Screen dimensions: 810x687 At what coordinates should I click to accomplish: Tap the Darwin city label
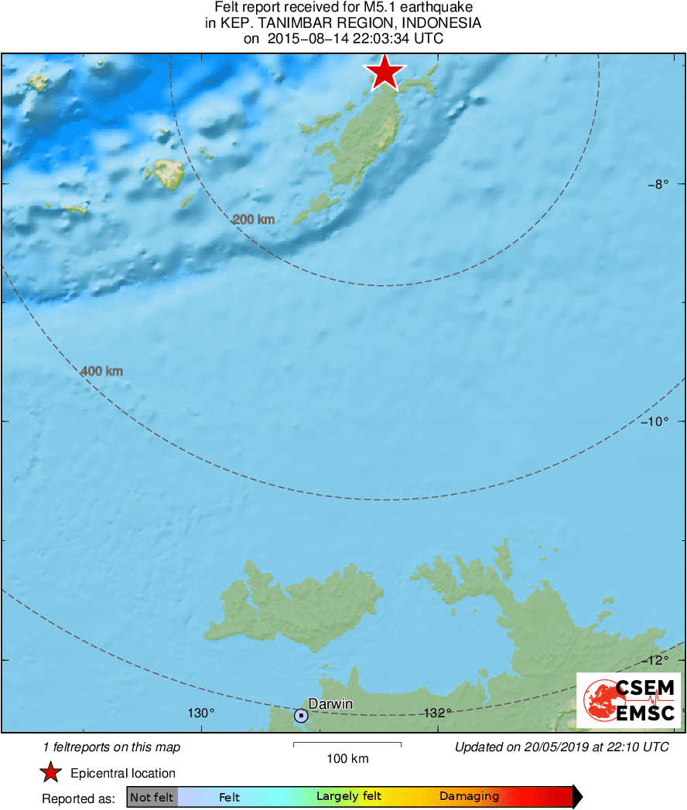point(330,703)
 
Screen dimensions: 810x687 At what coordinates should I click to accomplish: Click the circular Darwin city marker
point(301,716)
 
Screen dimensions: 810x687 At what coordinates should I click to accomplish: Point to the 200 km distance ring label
point(254,220)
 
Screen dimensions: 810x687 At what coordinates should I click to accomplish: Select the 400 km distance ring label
point(101,372)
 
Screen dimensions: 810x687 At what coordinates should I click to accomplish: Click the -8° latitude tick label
point(657,184)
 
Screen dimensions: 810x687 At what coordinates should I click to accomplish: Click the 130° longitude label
point(201,713)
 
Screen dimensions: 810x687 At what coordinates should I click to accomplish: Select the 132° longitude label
point(438,713)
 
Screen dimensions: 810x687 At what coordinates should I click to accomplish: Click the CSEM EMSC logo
point(628,700)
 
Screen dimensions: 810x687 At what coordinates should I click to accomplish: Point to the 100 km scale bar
point(347,744)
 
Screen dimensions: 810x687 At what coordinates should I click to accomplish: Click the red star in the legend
point(51,773)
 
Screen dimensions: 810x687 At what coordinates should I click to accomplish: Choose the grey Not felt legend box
point(152,797)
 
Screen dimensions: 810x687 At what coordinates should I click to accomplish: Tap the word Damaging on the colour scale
point(469,797)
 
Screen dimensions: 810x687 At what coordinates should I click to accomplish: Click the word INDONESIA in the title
point(445,23)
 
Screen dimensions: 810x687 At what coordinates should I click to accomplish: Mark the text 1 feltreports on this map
point(111,747)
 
